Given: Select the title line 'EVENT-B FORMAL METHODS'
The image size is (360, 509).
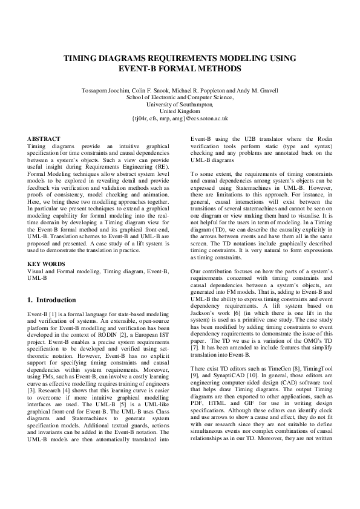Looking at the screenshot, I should pos(180,69).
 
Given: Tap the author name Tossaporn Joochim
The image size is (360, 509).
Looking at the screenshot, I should pos(106,91).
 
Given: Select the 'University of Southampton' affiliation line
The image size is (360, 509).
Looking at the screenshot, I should pos(180,105).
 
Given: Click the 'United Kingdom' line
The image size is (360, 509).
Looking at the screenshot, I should pos(180,112).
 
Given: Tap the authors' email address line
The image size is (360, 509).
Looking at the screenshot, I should pos(180,119).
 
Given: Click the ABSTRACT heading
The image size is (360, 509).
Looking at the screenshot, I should pos(44,139).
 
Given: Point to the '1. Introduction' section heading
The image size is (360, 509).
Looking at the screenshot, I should pos(52,300).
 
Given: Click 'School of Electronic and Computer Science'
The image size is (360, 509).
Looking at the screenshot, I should pos(180,97).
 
